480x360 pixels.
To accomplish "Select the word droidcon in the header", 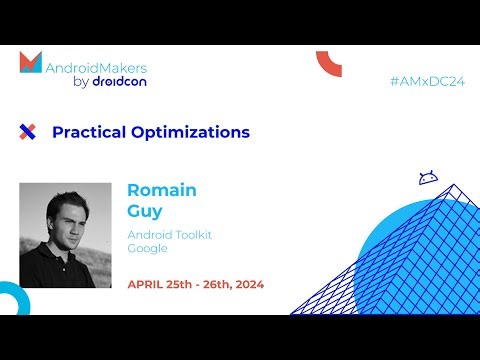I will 120,81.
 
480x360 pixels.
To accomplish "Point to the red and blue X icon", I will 27,132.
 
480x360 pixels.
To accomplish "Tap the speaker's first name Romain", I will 161,190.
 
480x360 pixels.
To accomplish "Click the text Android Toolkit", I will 169,234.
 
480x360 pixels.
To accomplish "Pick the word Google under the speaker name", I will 147,248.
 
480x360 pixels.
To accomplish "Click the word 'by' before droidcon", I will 82,82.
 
